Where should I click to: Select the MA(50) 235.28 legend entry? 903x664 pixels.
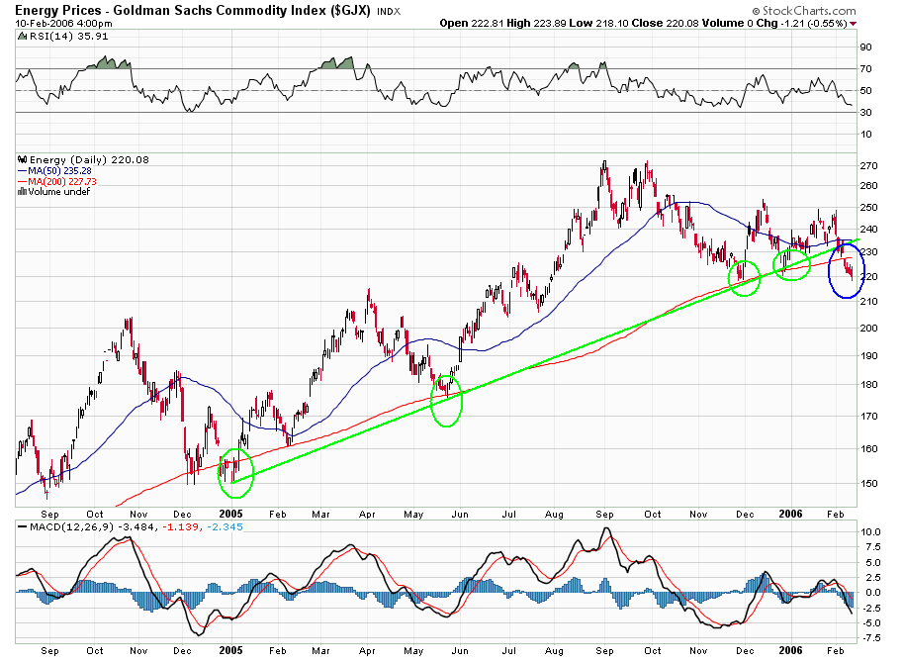pyautogui.click(x=58, y=169)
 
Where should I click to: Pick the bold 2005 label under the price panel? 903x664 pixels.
pyautogui.click(x=230, y=515)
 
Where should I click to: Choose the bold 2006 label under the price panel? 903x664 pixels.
pyautogui.click(x=791, y=515)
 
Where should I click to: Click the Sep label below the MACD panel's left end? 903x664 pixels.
pyautogui.click(x=51, y=651)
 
